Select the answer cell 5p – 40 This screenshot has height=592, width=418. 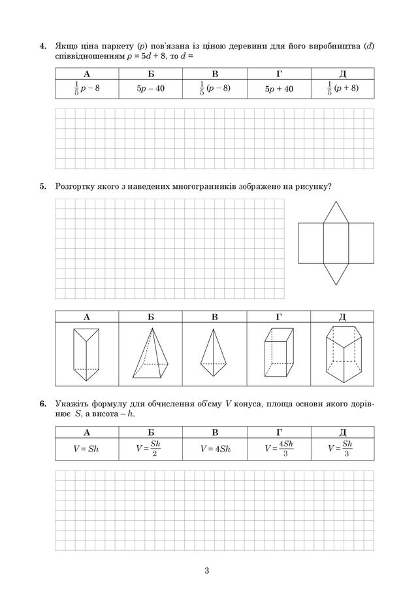(150, 88)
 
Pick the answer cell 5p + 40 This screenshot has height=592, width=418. (279, 88)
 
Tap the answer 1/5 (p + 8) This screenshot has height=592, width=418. (342, 88)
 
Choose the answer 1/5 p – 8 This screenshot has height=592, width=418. (86, 88)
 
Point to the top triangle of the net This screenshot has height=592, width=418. (336, 213)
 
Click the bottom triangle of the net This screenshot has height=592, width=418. (336, 271)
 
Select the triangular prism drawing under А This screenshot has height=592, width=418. (86, 354)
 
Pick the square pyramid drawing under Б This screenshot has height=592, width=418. (150, 354)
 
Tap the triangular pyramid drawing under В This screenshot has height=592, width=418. (214, 352)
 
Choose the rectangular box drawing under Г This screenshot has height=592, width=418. (278, 354)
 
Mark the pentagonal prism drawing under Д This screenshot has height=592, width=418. (342, 354)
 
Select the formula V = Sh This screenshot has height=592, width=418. (86, 449)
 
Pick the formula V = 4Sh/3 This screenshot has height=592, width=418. (279, 449)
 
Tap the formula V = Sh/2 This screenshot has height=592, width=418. (150, 449)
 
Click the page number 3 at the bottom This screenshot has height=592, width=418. (206, 573)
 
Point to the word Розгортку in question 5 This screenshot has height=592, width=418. (76, 187)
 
